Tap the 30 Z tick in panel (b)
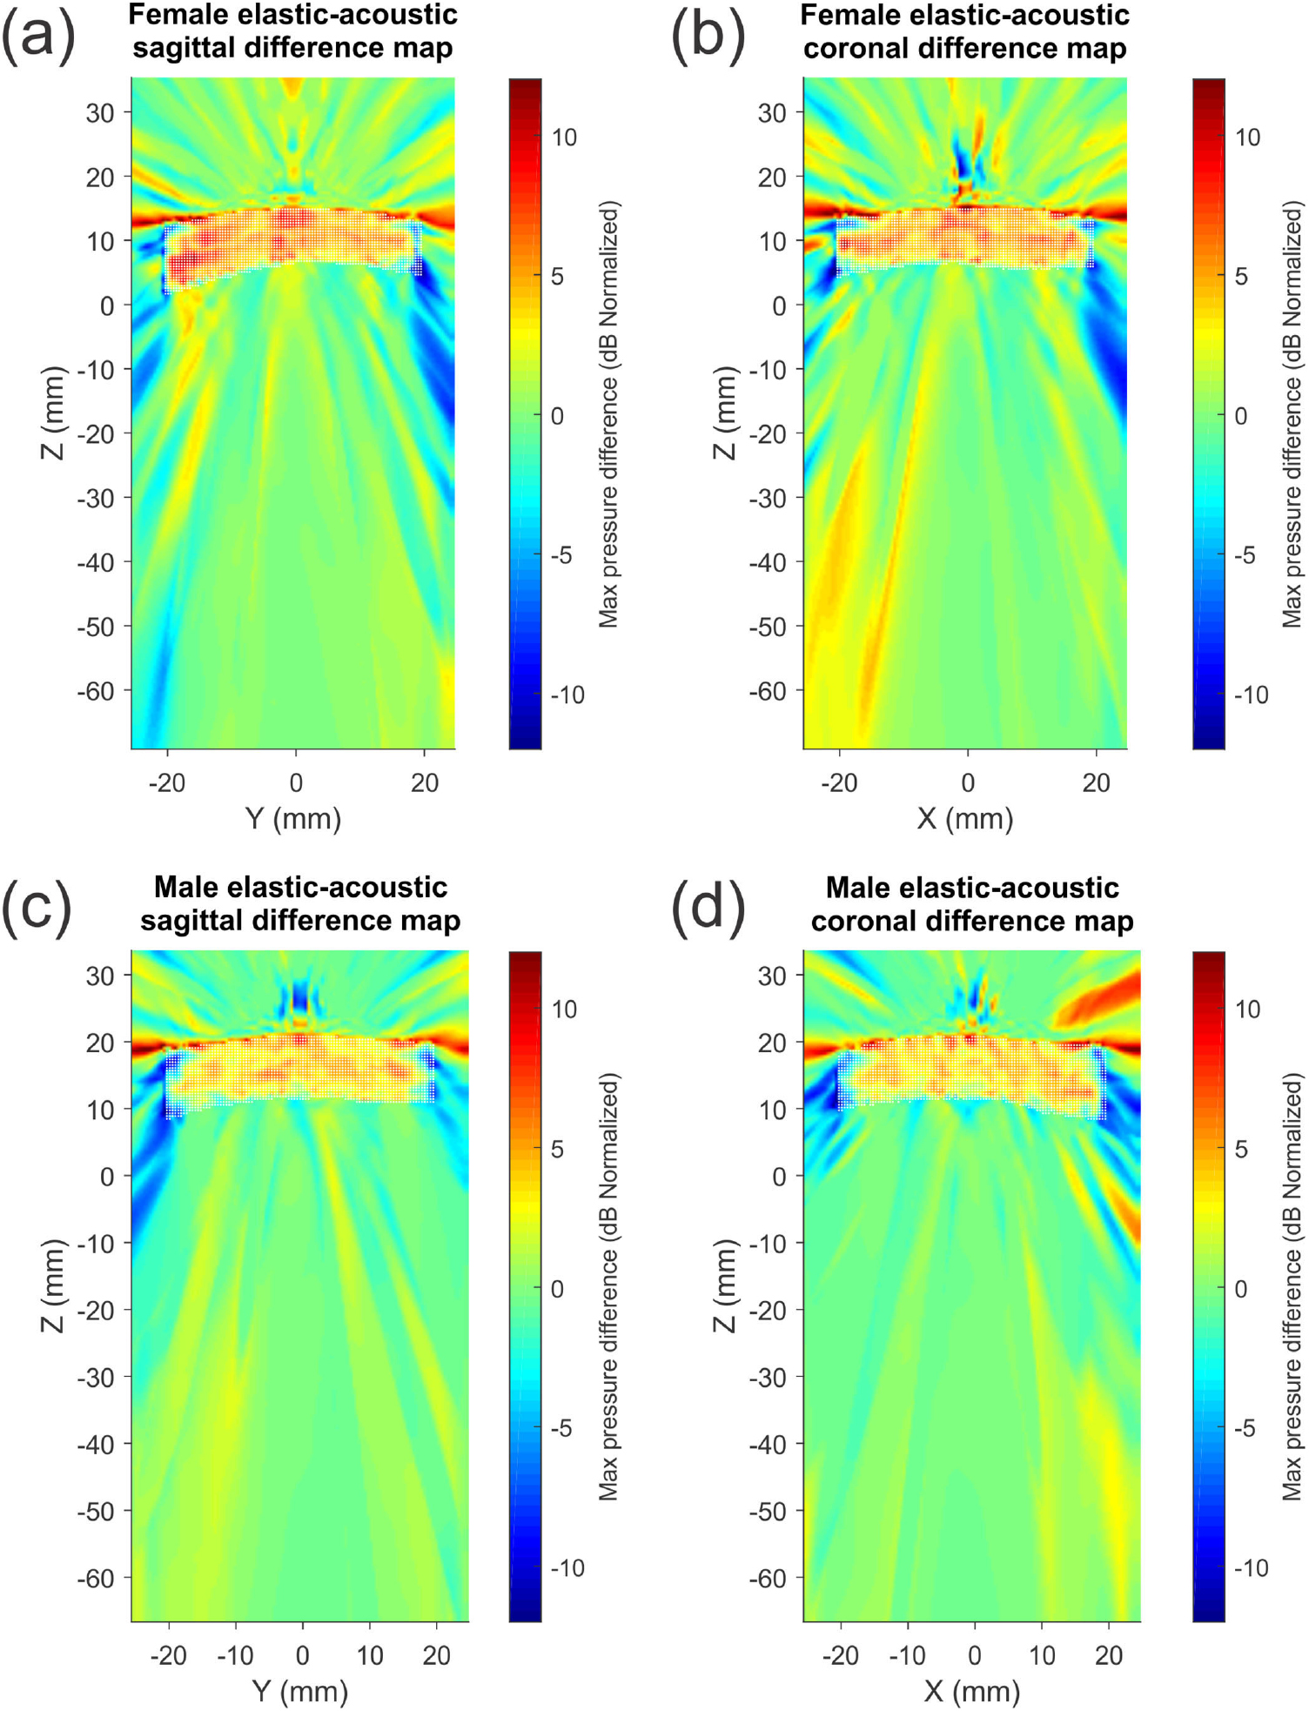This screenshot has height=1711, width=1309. (x=771, y=113)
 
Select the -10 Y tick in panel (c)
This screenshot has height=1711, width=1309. (x=234, y=1654)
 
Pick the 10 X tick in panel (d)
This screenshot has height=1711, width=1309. (x=1041, y=1654)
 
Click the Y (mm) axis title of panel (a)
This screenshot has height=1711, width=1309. (x=293, y=819)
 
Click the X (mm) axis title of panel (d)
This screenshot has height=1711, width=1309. (x=971, y=1691)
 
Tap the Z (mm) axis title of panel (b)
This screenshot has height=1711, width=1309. (x=725, y=413)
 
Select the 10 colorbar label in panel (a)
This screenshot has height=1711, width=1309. (x=564, y=138)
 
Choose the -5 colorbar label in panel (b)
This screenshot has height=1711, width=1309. (x=1247, y=555)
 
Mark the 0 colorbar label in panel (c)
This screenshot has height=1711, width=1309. (x=558, y=1288)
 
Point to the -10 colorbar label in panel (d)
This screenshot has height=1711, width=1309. (x=1250, y=1567)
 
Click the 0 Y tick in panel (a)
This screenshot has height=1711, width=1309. (x=296, y=782)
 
